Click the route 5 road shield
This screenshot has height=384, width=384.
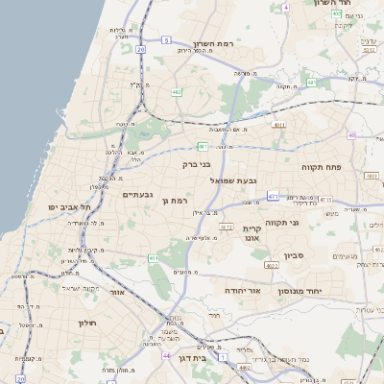point(166,39)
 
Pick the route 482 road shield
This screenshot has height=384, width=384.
point(177,92)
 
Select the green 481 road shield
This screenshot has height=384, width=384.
point(203,146)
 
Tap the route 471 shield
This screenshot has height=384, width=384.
point(273,196)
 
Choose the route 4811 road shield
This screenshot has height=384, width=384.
point(279,125)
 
